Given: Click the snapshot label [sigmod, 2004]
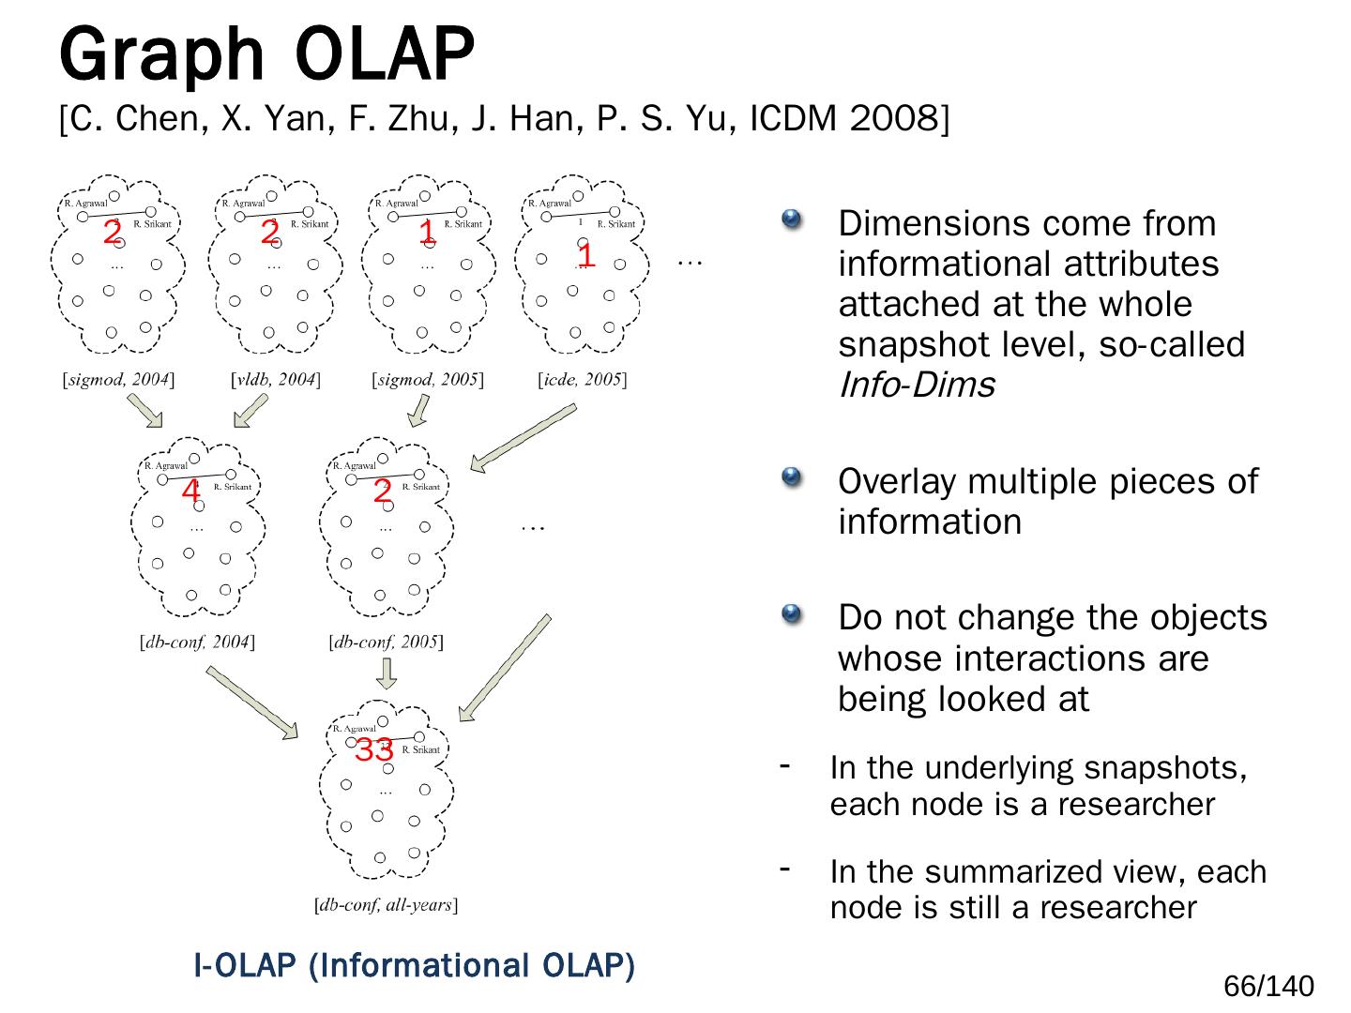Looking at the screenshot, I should click(x=118, y=380).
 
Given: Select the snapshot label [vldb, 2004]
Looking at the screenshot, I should click(x=276, y=380).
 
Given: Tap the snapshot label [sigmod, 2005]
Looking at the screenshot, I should click(x=428, y=380).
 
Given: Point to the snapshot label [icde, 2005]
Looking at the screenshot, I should click(x=583, y=380).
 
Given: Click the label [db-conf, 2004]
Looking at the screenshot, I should click(x=197, y=643).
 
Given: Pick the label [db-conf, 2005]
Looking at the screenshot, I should click(x=386, y=643).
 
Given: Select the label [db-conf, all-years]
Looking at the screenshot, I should click(x=386, y=906).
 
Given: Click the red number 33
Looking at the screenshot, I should click(x=373, y=750).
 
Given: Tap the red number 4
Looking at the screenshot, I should click(x=190, y=491).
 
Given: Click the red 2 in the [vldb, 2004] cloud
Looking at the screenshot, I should click(x=270, y=232).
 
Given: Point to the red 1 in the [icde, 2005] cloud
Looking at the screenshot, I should click(x=585, y=254).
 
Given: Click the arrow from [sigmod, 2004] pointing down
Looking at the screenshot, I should click(x=144, y=409).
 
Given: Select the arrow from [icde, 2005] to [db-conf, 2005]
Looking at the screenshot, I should click(x=523, y=437).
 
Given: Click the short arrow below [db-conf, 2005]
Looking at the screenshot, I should click(x=386, y=673).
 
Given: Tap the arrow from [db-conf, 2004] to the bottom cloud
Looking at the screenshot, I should click(x=251, y=702).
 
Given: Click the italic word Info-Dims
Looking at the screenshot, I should click(x=916, y=386).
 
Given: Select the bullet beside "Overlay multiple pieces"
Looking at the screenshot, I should click(x=792, y=478).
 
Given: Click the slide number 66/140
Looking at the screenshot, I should click(x=1268, y=987).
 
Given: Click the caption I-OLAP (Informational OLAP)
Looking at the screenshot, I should click(x=414, y=965).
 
